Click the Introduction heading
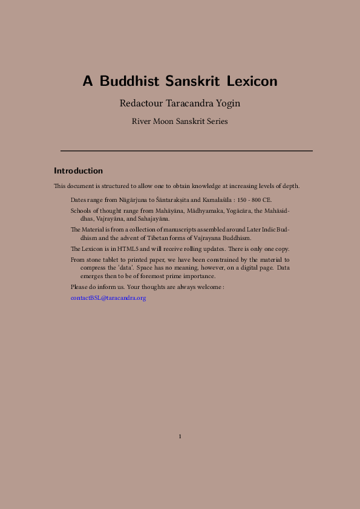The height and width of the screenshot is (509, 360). tap(78, 171)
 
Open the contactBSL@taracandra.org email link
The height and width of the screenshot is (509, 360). tap(108, 298)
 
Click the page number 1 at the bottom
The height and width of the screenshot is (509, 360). tap(180, 436)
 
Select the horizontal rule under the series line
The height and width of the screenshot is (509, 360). tap(186, 150)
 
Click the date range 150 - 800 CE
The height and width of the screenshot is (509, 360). tap(255, 199)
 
